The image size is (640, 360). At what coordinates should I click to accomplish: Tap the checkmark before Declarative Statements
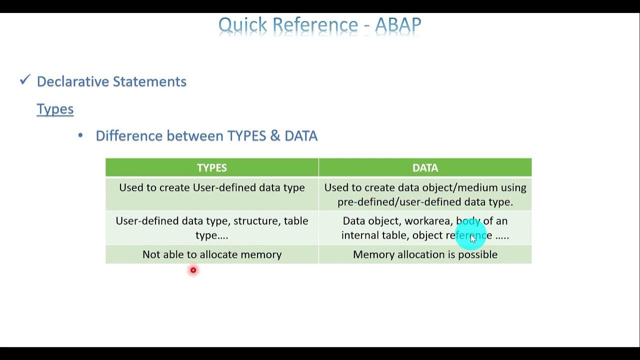coord(25,80)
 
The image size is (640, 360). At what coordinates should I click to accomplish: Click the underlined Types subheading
coord(55,109)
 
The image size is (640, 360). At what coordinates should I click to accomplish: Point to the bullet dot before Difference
coord(80,135)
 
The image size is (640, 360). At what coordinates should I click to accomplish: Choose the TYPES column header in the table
coord(212,168)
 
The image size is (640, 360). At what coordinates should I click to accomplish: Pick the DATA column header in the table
coord(425,168)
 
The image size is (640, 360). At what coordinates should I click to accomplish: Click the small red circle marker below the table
coord(193,270)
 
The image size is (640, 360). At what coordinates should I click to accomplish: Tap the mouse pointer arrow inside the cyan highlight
coord(473,239)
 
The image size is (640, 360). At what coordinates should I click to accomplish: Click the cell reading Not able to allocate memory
coord(212,254)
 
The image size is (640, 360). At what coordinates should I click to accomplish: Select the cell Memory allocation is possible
coord(425,254)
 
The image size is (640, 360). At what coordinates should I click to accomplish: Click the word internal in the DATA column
coord(359,235)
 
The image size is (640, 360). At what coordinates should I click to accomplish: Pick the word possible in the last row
coord(478,254)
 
